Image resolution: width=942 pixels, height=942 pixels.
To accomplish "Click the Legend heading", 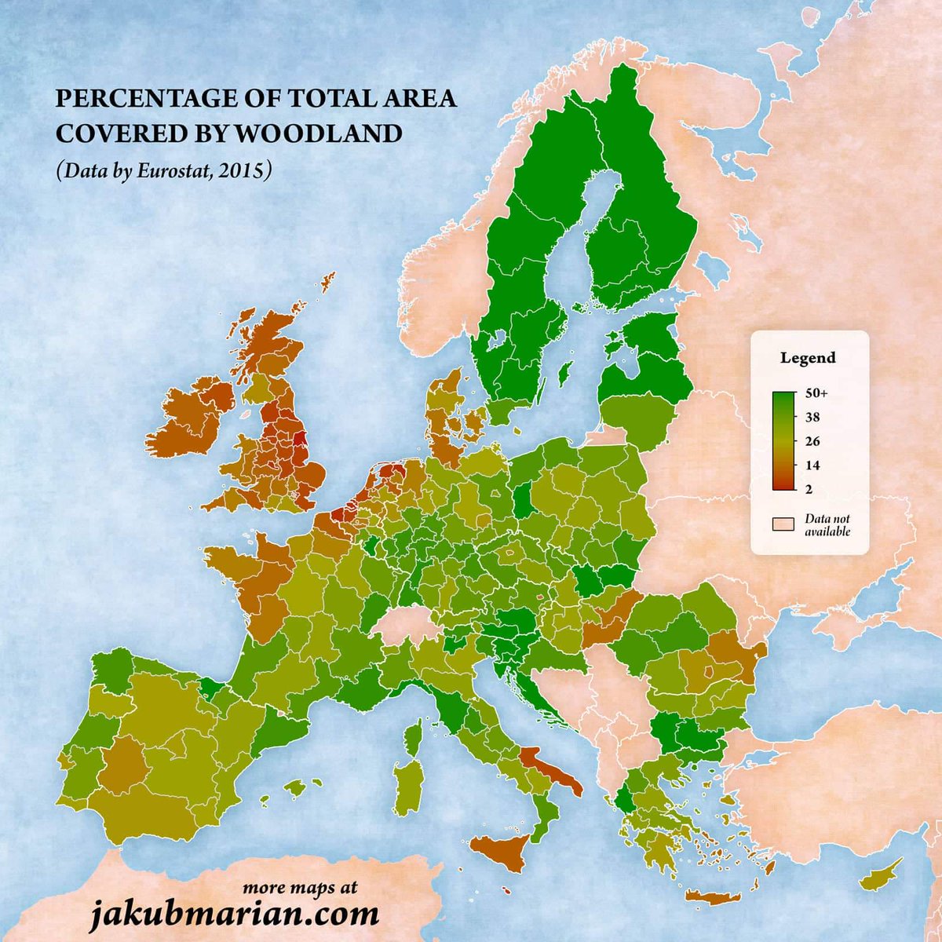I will (x=808, y=358).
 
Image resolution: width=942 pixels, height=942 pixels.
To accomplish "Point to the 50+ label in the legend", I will (x=808, y=396).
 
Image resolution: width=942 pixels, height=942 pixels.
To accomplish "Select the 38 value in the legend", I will (x=808, y=418).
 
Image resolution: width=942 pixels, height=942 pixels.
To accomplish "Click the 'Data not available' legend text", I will (x=827, y=525).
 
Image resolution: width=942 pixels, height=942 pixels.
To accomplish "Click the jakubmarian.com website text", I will (x=233, y=914).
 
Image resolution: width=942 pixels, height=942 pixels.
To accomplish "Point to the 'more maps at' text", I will (x=299, y=888).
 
